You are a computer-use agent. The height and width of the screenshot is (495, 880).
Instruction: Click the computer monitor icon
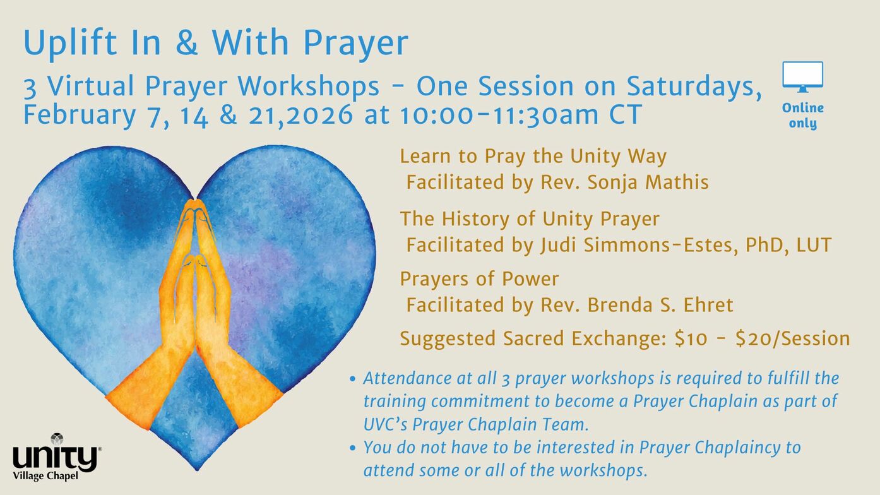(802, 76)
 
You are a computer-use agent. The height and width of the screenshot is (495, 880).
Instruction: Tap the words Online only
(802, 116)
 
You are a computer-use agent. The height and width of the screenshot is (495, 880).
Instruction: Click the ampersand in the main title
(186, 42)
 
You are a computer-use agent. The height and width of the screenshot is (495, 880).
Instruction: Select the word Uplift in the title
(71, 43)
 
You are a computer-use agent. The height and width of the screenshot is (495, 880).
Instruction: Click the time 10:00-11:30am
(499, 115)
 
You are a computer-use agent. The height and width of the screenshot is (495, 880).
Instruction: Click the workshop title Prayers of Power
(479, 280)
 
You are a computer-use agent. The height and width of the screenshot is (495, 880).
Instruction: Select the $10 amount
(691, 338)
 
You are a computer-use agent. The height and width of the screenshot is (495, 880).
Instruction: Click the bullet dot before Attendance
(352, 379)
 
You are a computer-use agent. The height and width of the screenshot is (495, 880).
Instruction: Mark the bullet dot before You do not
(352, 448)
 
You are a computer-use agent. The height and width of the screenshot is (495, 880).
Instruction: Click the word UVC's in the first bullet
(385, 425)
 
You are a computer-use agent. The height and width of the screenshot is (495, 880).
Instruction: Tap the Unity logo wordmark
(55, 458)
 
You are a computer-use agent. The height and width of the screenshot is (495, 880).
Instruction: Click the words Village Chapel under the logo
(45, 476)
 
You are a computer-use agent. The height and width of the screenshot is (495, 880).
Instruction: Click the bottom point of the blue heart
(197, 469)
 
